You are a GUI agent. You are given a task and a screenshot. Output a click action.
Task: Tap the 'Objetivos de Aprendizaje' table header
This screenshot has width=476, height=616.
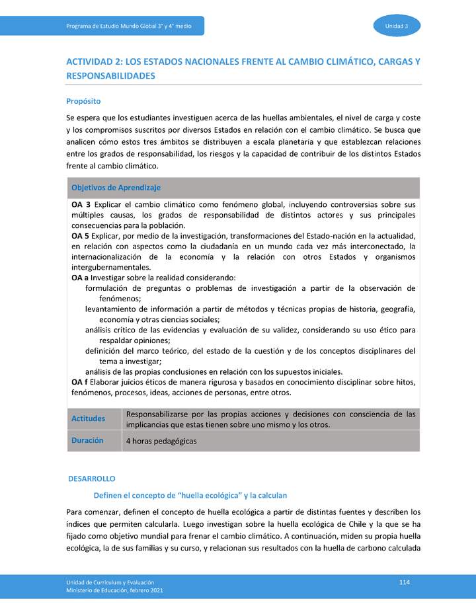(116, 188)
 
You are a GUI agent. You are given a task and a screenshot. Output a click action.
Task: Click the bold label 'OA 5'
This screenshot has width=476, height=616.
(81, 236)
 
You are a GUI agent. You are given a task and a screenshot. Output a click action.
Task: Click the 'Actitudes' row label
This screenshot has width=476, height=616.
(89, 419)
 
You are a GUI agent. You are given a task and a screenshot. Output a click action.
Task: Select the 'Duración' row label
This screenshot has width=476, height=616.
(87, 440)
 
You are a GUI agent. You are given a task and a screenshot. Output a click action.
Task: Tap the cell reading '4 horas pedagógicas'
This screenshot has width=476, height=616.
(161, 441)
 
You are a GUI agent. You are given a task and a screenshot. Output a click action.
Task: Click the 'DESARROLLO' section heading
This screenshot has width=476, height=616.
(92, 478)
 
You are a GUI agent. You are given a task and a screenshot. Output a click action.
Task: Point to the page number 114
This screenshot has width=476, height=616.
(405, 581)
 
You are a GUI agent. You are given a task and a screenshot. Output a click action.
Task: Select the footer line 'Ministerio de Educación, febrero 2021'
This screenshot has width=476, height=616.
(114, 590)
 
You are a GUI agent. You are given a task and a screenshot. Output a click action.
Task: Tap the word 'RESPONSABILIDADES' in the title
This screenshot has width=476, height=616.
(111, 76)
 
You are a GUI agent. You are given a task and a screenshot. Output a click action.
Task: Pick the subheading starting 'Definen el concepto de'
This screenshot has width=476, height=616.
(190, 494)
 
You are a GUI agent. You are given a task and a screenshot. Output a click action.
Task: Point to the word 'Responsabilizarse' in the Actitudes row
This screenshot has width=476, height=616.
(161, 414)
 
